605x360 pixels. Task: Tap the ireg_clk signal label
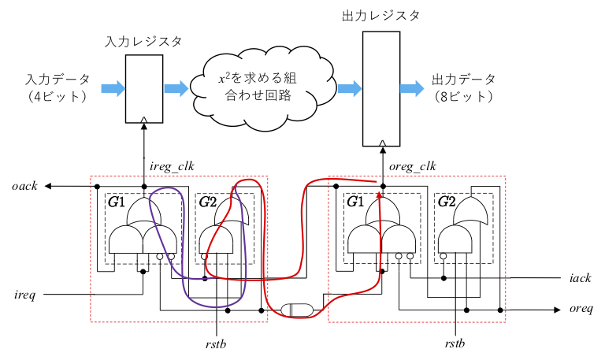point(173,167)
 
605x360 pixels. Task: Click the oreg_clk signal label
point(414,166)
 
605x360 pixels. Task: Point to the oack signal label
point(24,186)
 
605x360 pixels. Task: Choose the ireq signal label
point(24,295)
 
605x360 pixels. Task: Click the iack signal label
point(579,278)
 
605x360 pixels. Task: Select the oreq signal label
point(580,310)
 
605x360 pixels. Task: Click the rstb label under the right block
point(455,343)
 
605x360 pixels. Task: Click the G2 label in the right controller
point(446,202)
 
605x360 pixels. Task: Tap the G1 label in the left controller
point(117,202)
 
